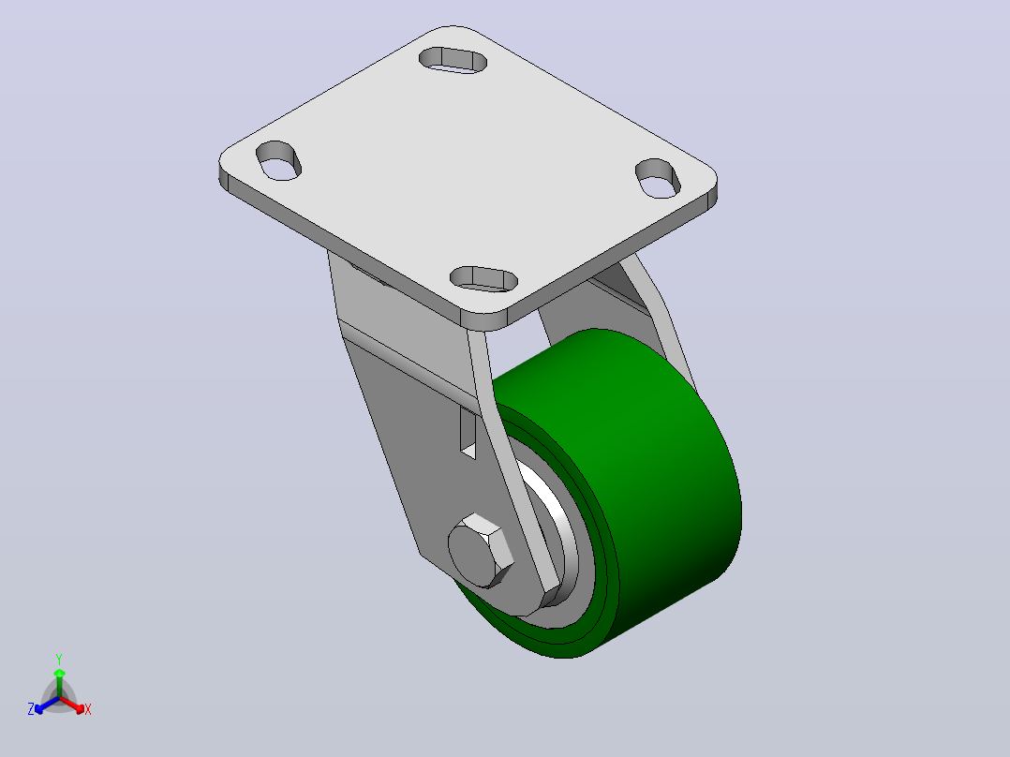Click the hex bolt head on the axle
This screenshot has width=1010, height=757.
[481, 551]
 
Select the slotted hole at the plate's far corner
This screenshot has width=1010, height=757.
[453, 60]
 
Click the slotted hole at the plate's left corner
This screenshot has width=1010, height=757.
[279, 160]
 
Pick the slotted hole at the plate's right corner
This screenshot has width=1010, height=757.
[658, 178]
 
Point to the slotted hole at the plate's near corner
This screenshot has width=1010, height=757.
[483, 279]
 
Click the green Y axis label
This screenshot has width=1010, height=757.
[59, 659]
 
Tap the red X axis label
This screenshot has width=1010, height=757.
[88, 709]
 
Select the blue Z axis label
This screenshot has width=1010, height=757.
[31, 709]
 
